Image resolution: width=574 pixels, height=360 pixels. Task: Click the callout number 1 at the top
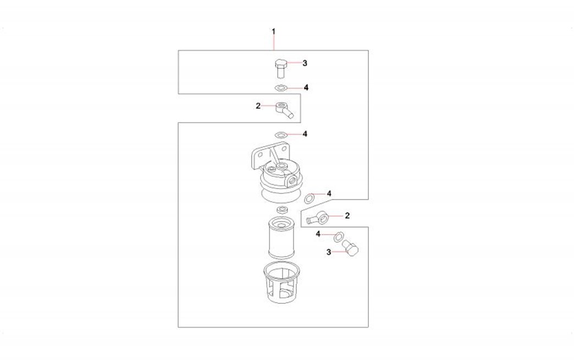point(273,32)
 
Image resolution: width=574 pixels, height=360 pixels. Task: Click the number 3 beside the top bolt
point(305,63)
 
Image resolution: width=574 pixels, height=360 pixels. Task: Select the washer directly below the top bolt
point(281,88)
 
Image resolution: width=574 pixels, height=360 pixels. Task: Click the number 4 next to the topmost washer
point(306,87)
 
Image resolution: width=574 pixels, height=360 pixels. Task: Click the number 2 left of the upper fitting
point(258,106)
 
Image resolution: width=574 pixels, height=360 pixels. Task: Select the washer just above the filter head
point(281,134)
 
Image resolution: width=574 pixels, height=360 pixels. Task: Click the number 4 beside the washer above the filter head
point(305,134)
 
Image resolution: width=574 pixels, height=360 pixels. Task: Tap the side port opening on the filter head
point(292,180)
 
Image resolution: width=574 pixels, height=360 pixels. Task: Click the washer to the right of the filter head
point(310,198)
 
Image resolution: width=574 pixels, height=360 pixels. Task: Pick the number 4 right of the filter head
point(329,193)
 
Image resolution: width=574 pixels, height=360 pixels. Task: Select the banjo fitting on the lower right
point(318,218)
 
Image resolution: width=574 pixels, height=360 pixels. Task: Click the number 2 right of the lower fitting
point(347,215)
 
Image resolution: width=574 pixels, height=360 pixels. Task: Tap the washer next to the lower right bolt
point(338,237)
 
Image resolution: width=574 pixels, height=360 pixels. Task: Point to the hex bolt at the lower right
point(350,248)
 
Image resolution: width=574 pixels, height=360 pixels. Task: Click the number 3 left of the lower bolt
point(329,252)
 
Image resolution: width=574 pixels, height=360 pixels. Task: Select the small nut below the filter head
point(282,209)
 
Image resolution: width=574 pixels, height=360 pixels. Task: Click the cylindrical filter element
point(282,238)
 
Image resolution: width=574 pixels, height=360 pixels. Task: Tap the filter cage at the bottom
point(282,283)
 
